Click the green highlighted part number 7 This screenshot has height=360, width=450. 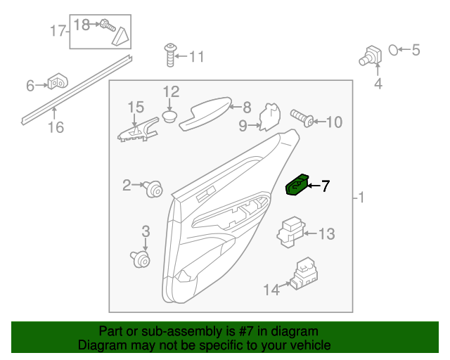coord(297,186)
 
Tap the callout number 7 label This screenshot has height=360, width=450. coord(325,186)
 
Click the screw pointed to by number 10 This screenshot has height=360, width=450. coord(300,117)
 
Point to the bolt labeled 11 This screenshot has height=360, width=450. coord(169,53)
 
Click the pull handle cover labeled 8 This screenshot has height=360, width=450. coord(205,113)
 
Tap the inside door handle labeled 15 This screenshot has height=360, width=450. coord(138,131)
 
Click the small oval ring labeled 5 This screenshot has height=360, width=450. coord(395,49)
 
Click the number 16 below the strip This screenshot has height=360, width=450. coord(56,127)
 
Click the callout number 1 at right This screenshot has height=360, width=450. coord(361,199)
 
